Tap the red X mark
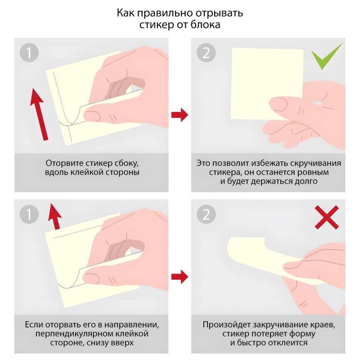click(x=327, y=218)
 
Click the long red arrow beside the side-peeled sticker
click(x=40, y=112)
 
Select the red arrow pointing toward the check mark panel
click(x=180, y=115)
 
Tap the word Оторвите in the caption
click(x=63, y=162)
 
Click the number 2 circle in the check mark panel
click(x=206, y=53)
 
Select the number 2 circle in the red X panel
click(x=206, y=214)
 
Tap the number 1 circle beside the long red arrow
click(x=29, y=53)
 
